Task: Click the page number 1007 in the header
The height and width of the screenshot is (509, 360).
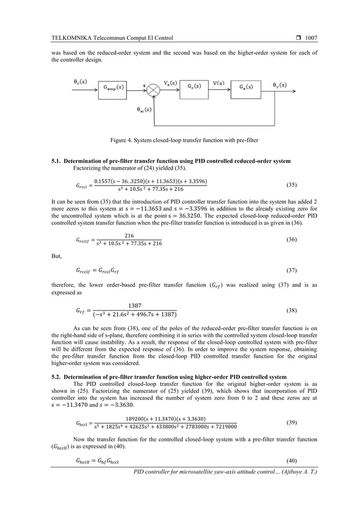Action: pyautogui.click(x=311, y=38)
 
